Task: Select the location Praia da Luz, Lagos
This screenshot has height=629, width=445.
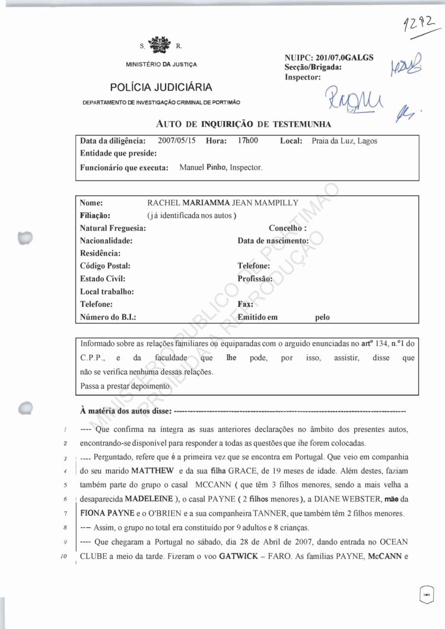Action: click(344, 141)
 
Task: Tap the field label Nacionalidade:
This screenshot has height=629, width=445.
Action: click(106, 241)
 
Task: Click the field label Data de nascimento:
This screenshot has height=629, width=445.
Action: click(273, 241)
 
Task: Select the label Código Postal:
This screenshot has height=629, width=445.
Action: click(105, 266)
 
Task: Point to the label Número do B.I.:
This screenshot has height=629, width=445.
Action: click(108, 317)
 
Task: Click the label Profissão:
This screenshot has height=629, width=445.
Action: click(255, 279)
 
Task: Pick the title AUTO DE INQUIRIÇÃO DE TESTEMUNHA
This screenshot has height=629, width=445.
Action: click(243, 123)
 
